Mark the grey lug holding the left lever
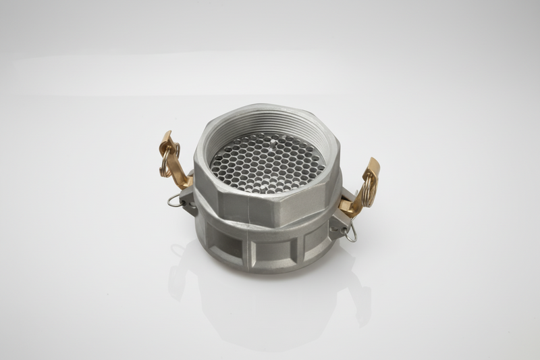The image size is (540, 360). (189, 201)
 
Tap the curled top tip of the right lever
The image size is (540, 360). (373, 163)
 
